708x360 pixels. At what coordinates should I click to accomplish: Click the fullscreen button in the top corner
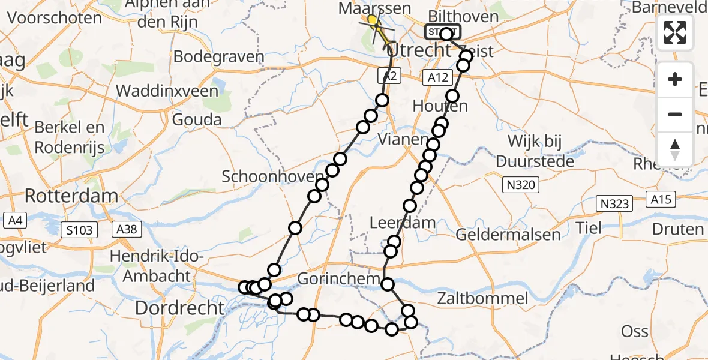pyautogui.click(x=675, y=32)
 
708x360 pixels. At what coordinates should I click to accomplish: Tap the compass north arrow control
pyautogui.click(x=675, y=149)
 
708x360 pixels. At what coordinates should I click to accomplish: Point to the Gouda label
pyautogui.click(x=197, y=119)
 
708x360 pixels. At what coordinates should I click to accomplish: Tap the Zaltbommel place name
pyautogui.click(x=482, y=298)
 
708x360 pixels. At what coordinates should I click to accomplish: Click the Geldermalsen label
pyautogui.click(x=508, y=234)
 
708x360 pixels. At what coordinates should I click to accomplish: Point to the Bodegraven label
pyautogui.click(x=218, y=57)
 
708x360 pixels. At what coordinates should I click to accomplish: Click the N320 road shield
pyautogui.click(x=521, y=185)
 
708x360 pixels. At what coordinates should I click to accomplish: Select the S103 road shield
pyautogui.click(x=80, y=229)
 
